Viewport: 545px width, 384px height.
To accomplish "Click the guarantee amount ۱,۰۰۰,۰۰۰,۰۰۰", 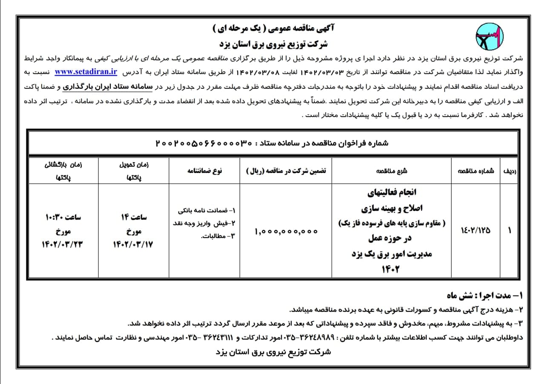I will (287, 231).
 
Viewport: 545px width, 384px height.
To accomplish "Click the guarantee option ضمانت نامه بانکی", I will (208, 210).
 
